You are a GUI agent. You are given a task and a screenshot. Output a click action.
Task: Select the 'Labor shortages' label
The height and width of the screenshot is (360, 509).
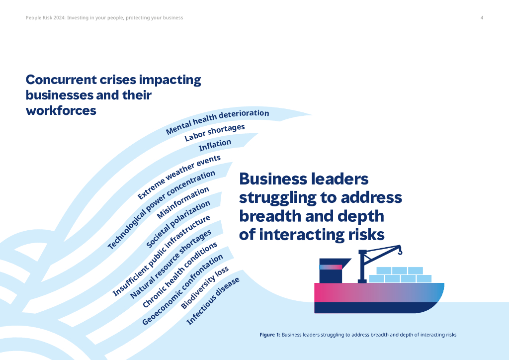coord(215,133)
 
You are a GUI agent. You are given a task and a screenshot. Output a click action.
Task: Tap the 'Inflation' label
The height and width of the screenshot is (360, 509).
coord(215,146)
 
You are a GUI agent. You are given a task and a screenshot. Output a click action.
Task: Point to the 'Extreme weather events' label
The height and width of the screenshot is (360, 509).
coord(178,177)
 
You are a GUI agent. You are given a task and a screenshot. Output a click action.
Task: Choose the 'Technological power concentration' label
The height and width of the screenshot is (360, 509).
coord(162,210)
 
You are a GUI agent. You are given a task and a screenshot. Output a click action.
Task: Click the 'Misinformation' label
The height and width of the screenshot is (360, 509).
coord(183,203)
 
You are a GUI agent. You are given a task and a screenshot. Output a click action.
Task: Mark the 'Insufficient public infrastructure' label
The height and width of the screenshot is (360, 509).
coord(162,257)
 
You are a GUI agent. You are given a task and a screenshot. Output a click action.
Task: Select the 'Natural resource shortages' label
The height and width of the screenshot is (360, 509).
coord(171,264)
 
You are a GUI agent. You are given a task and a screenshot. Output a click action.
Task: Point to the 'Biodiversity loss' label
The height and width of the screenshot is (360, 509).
coord(205,288)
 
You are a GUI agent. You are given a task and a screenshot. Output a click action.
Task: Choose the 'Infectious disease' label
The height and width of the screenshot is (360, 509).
coord(213,301)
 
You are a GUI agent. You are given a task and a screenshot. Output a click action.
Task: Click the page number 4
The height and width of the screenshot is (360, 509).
coord(482,18)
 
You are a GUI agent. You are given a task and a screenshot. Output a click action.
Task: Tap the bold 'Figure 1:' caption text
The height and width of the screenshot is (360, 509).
coord(270,335)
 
